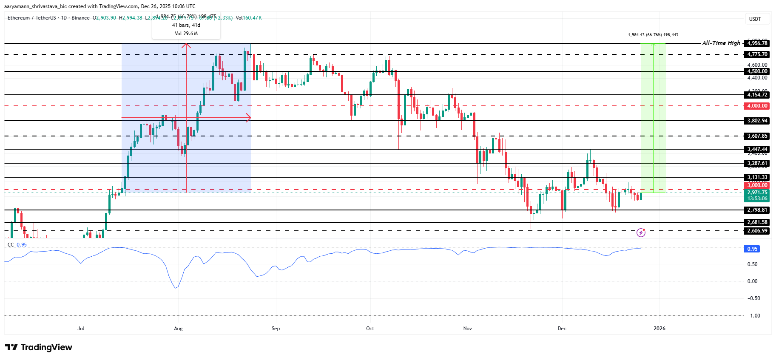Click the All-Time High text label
tap(721, 43)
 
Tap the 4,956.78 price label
tap(757, 43)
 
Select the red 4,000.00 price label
tap(757, 106)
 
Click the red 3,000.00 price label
tap(757, 185)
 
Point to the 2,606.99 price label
tap(757, 231)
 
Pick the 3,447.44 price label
tap(757, 149)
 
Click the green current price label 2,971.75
tap(757, 193)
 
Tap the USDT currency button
tap(755, 19)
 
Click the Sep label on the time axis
tap(276, 329)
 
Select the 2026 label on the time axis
tap(659, 329)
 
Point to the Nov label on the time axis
tap(467, 329)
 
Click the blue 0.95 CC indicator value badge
tap(752, 249)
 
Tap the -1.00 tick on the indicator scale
tap(753, 315)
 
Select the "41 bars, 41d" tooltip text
tap(186, 25)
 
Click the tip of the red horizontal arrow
tap(250, 118)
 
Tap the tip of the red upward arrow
tap(186, 44)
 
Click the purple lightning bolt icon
tap(641, 232)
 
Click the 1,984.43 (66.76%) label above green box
tap(653, 35)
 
